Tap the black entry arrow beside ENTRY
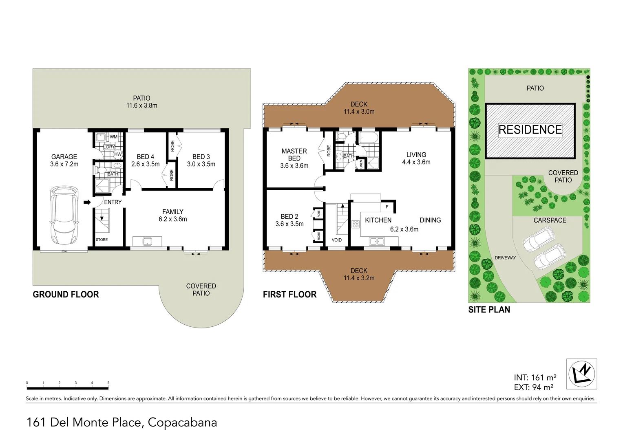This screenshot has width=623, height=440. coord(87,202)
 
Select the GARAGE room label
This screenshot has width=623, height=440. coord(64,157)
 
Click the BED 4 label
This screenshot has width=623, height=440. coord(145,157)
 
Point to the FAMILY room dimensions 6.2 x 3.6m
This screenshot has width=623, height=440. coord(172,219)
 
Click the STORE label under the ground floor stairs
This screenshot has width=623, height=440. coord(102,240)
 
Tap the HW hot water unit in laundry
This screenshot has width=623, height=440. coord(117,154)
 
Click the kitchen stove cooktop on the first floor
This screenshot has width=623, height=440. coord(355,224)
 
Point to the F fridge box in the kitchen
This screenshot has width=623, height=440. coord(387,207)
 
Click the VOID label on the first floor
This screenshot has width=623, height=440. coord(337,240)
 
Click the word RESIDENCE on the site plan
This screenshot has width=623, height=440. coord(530,130)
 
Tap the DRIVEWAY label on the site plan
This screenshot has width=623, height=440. coord(505,258)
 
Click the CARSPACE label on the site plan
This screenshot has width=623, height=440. coord(550,220)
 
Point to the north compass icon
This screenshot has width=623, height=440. coord(581,373)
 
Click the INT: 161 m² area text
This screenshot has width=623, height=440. coord(535,378)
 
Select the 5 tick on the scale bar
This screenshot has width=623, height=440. coord(108,383)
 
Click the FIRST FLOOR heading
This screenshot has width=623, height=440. coord(289,295)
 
